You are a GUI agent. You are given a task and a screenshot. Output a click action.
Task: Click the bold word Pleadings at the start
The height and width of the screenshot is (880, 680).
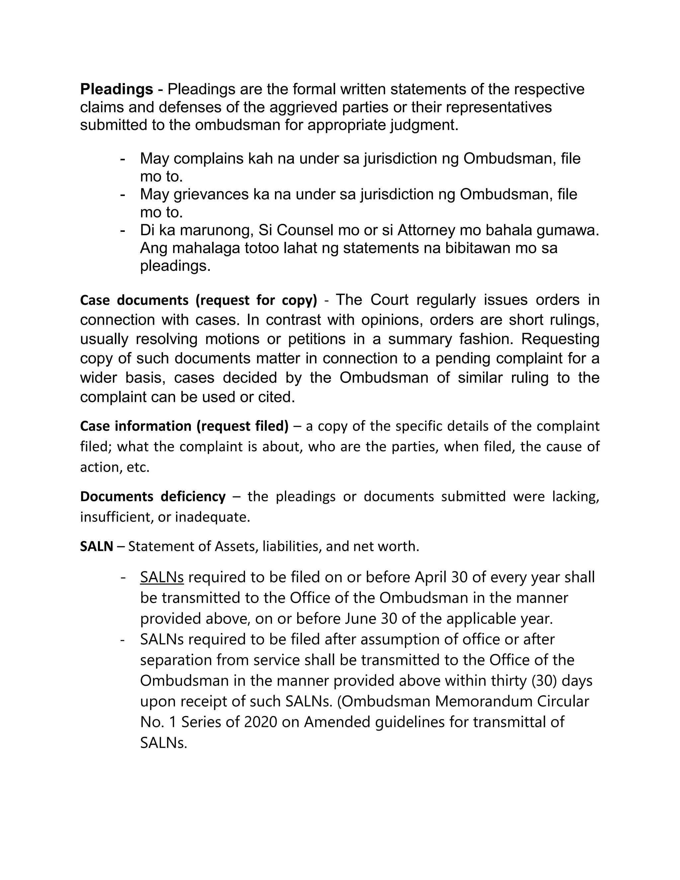(x=117, y=89)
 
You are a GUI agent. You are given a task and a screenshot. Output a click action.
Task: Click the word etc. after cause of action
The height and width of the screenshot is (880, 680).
(x=138, y=468)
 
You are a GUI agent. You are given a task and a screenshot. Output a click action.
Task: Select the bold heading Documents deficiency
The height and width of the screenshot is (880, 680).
(x=153, y=496)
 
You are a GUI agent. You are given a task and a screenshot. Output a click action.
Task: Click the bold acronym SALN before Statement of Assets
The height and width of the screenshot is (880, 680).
(x=96, y=546)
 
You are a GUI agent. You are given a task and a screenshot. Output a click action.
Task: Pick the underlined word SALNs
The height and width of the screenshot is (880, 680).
(x=162, y=577)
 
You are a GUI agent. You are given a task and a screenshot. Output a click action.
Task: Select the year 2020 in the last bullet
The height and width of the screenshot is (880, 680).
(x=261, y=722)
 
